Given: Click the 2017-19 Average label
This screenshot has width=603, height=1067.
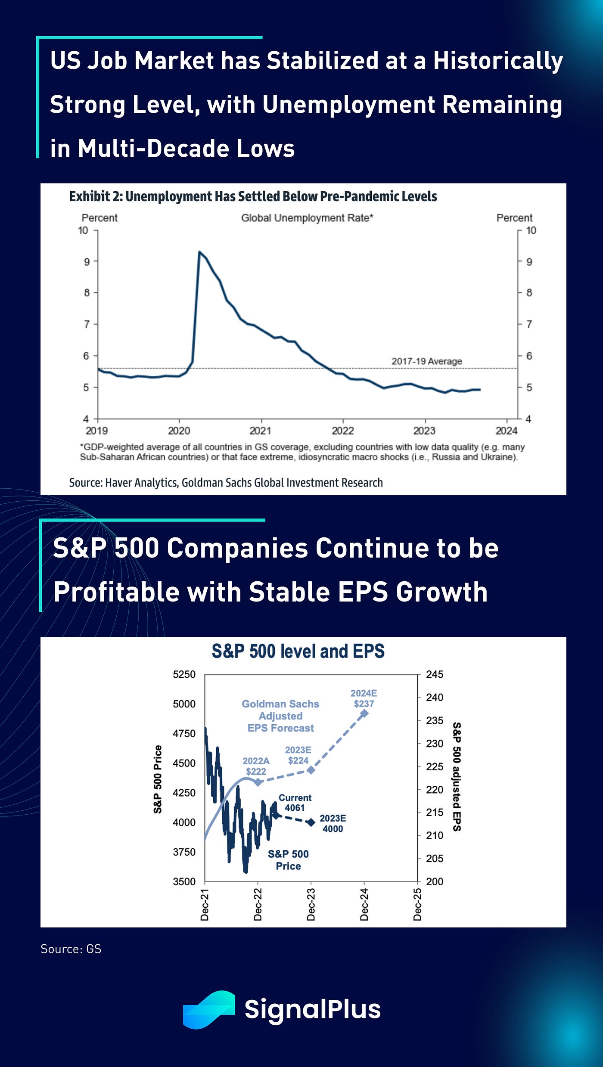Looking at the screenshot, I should point(426,361).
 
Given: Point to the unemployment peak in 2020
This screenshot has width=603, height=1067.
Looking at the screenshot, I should point(199,252).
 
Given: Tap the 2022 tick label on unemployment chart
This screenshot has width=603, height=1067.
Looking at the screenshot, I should point(342,431).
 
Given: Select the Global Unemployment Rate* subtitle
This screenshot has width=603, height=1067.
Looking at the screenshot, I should point(307,218).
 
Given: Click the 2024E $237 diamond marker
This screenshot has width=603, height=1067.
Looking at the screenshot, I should point(364,713).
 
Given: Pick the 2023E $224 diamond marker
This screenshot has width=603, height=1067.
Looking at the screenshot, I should point(311,769).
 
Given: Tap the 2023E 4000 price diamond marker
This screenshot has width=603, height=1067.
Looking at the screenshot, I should point(311,823).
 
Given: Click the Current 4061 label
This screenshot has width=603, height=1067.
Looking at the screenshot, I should point(295,803).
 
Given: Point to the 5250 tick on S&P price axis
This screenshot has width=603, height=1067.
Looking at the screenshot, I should point(184,675).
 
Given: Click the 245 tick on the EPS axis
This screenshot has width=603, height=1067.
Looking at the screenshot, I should point(434,675).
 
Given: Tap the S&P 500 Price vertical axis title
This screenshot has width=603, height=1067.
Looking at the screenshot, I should point(158,779).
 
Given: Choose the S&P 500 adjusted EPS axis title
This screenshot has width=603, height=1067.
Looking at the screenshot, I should point(457,777).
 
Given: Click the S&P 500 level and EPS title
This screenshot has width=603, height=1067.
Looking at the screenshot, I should point(298,651).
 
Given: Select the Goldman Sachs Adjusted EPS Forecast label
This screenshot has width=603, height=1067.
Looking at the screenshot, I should point(280,716).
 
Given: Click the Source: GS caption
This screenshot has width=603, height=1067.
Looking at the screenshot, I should point(71,949).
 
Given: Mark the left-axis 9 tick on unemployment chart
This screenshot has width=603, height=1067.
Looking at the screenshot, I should point(87,262).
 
